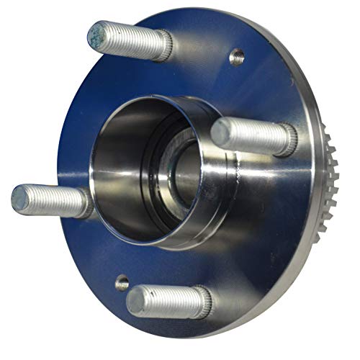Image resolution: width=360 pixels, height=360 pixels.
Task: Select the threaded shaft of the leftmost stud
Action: tap(54, 201)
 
